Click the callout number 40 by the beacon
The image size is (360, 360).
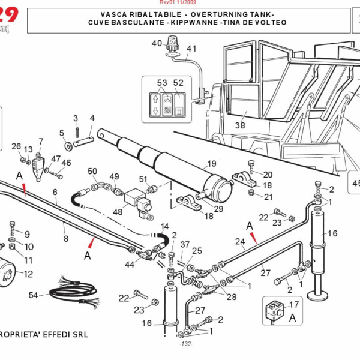pos(157,43)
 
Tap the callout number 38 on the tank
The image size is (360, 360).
pos(240,125)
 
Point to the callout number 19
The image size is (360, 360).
pos(211,164)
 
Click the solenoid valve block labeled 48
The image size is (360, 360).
pos(137,199)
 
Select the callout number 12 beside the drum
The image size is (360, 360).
pos(28,274)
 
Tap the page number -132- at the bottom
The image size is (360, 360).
pos(185,344)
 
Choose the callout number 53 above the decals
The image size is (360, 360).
pos(162,83)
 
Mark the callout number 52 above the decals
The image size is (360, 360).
pos(178,83)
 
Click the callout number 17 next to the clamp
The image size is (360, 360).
pos(293,305)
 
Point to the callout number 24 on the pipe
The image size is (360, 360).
pos(240,242)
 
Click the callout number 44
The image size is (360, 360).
pos(130,265)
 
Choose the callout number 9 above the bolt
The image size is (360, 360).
pos(26,234)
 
